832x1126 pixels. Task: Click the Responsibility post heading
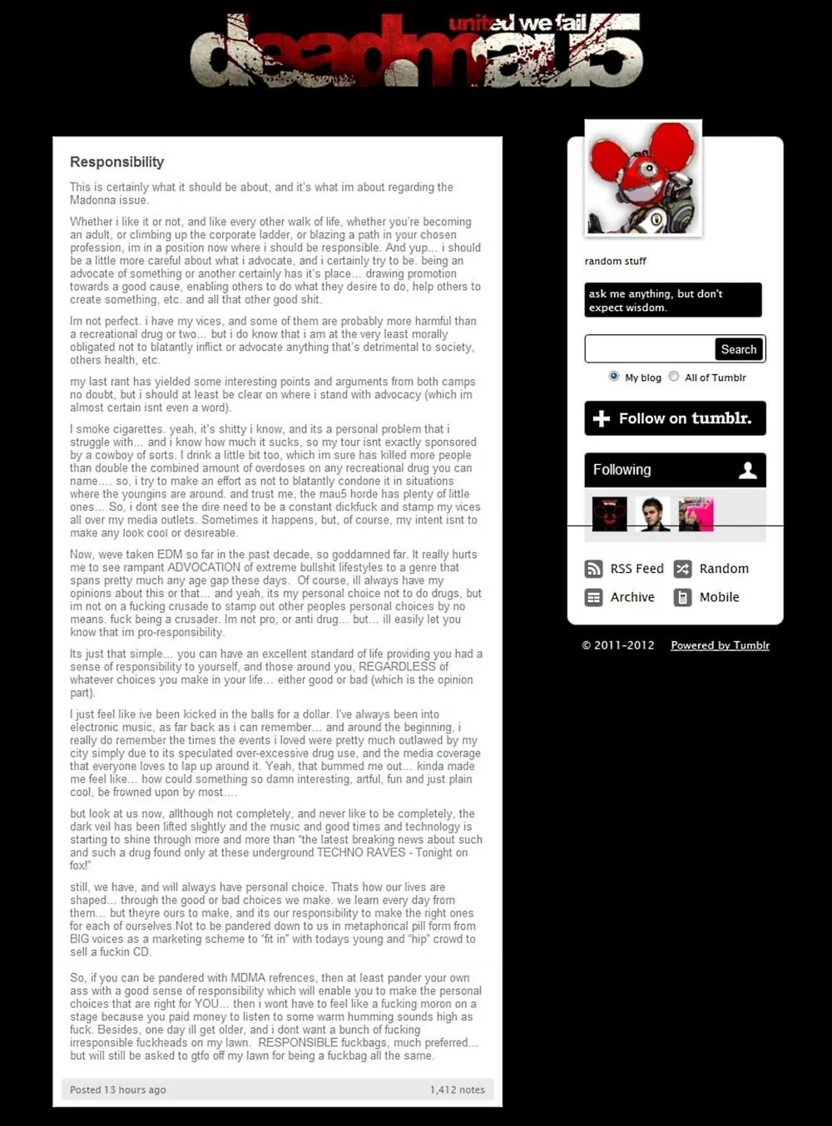[x=116, y=162]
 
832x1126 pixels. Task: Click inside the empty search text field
[x=649, y=349]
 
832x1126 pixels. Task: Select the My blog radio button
[x=614, y=377]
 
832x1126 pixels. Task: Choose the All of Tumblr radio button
[x=674, y=377]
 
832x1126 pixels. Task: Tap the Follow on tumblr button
[x=675, y=418]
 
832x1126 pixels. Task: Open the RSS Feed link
[x=625, y=569]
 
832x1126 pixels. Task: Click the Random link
[x=712, y=569]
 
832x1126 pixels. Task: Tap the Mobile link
[x=707, y=597]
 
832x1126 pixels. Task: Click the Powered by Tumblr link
[x=720, y=645]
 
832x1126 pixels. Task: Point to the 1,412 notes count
[x=457, y=1089]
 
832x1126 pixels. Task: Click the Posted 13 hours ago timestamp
[x=118, y=1089]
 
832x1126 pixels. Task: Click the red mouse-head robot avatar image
[x=643, y=178]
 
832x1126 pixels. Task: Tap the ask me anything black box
[x=672, y=300]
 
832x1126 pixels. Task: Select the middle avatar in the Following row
[x=653, y=514]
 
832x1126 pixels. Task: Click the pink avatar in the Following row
[x=696, y=514]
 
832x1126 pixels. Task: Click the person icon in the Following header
[x=748, y=470]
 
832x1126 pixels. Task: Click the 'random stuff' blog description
[x=615, y=261]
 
